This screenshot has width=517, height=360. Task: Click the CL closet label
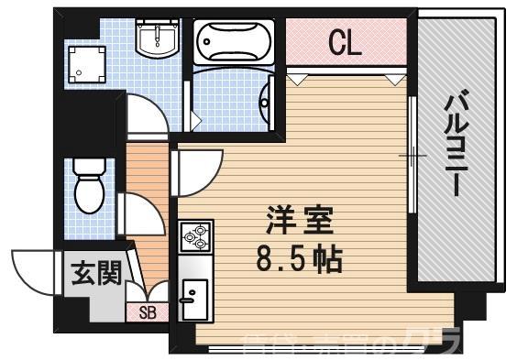coord(346,43)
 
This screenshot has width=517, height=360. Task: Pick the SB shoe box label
coord(148,312)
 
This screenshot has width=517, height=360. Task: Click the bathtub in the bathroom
coord(234,40)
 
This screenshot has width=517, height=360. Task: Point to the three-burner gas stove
coord(196,237)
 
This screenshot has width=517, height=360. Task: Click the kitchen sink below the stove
coord(195,293)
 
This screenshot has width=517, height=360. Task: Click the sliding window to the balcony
coord(413,156)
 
